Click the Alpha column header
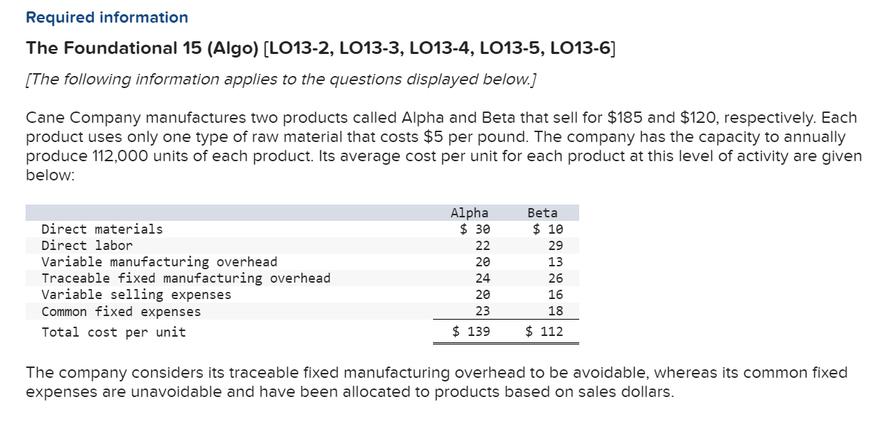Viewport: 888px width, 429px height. (x=469, y=212)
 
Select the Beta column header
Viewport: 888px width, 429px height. (x=542, y=212)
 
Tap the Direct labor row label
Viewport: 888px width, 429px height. (x=87, y=246)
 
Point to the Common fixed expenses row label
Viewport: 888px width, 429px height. (x=121, y=312)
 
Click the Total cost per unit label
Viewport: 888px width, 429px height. (x=114, y=332)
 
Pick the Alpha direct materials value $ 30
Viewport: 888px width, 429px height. (x=475, y=229)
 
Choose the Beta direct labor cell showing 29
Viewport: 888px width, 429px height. (x=556, y=246)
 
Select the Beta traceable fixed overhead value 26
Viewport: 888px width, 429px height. (x=556, y=278)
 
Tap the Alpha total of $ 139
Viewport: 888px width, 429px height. (x=471, y=332)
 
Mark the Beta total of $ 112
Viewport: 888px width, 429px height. (x=544, y=332)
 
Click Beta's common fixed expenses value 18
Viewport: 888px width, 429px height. (x=556, y=311)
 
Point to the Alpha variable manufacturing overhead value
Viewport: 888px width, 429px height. (x=483, y=262)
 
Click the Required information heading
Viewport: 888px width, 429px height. (x=107, y=17)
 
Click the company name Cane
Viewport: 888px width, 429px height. (x=45, y=118)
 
